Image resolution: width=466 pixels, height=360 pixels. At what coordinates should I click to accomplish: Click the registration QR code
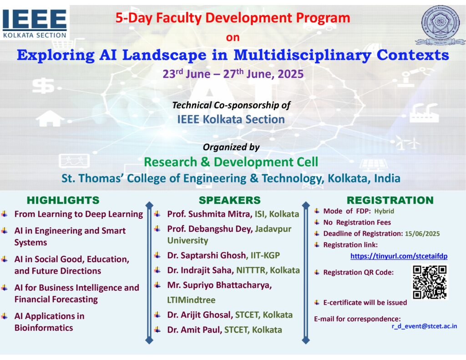[x=430, y=282]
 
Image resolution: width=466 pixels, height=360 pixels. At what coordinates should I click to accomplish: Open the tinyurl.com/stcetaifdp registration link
[x=399, y=256]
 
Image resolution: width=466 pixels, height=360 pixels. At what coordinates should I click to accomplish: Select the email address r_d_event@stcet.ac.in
[x=424, y=326]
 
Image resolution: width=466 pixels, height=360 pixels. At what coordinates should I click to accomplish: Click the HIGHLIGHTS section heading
[x=63, y=200]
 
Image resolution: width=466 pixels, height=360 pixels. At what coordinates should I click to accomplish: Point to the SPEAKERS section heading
[x=229, y=200]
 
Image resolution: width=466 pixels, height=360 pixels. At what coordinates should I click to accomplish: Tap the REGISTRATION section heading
[x=390, y=200]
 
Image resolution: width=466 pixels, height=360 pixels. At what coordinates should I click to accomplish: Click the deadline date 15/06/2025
[x=422, y=233]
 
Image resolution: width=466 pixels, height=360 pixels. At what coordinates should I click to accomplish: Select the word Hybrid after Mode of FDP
[x=384, y=211]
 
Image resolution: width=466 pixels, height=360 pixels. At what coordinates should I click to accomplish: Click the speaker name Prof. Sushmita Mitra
[x=210, y=214]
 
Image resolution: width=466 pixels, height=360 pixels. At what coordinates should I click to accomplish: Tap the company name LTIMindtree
[x=191, y=300]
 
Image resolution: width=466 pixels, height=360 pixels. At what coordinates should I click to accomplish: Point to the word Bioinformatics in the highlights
[x=44, y=328]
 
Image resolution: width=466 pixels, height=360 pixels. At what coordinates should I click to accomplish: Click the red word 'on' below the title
[x=233, y=37]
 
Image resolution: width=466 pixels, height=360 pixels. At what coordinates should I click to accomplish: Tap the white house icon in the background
[x=50, y=118]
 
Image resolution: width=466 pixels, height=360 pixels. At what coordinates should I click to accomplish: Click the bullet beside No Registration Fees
[x=317, y=222]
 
